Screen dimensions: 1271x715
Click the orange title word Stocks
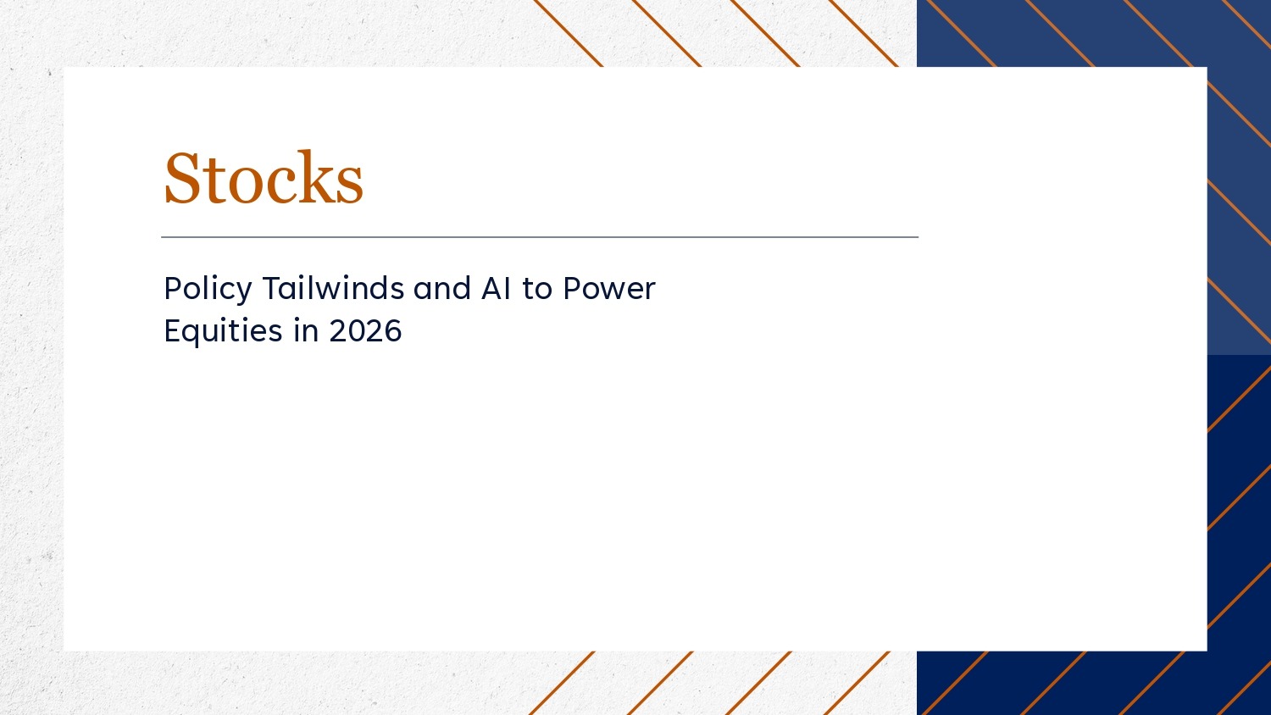264,178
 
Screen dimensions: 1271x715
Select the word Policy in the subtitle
208,290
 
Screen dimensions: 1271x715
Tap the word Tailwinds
333,288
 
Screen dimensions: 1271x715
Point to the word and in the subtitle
442,288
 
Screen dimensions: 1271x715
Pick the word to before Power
536,289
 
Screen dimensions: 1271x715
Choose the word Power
609,288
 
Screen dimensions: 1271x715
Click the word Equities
223,331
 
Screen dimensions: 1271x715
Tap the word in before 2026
306,330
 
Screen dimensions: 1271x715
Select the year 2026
365,331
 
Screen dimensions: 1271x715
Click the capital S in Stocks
181,178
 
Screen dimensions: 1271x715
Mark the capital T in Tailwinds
272,288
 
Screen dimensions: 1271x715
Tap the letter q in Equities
196,335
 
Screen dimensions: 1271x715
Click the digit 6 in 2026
393,331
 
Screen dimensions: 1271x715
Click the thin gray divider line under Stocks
540,237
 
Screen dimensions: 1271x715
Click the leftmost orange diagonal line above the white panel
569,34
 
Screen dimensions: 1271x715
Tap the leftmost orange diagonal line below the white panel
562,683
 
